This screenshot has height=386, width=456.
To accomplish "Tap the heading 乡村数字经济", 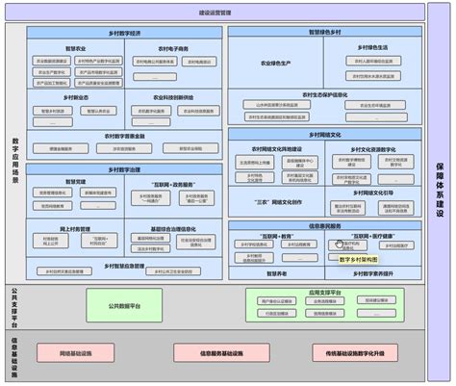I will tap(125, 32).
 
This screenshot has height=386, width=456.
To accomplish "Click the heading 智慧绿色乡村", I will tap(324, 32).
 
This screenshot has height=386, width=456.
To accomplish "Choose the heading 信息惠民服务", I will tap(324, 226).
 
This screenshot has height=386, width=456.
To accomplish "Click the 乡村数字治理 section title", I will tap(125, 168).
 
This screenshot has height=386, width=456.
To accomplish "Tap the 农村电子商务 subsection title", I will tap(172, 47).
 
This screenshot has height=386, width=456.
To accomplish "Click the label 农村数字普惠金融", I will tap(125, 136).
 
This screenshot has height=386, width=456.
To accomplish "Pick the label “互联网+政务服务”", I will tap(172, 182).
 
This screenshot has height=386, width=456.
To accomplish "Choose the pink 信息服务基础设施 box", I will tap(220, 354).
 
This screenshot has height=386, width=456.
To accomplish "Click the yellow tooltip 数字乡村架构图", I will tap(358, 259).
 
